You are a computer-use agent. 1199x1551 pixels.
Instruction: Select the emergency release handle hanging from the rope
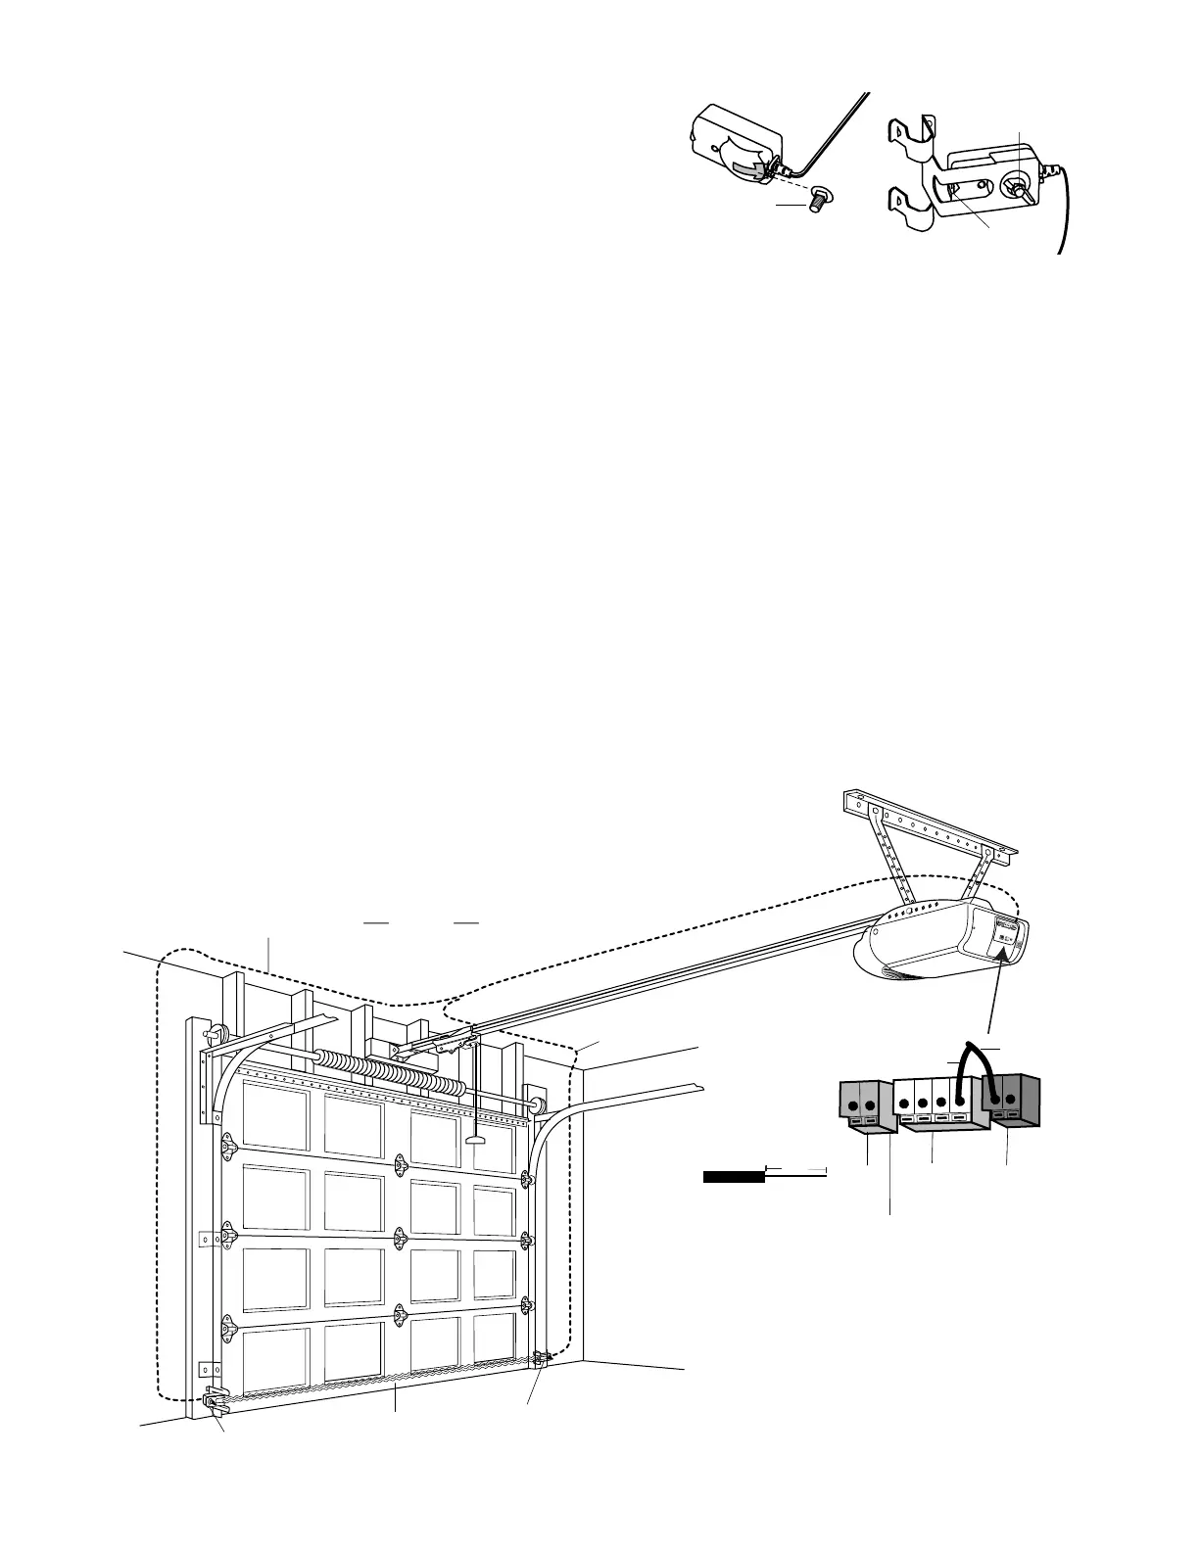[476, 1140]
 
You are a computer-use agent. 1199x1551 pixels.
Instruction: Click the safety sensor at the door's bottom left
[215, 1402]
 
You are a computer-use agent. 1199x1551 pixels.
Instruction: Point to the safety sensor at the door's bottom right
[541, 1358]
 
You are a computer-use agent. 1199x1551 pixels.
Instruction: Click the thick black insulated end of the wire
[734, 1176]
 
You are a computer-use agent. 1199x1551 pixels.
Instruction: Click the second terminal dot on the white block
[923, 1104]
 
